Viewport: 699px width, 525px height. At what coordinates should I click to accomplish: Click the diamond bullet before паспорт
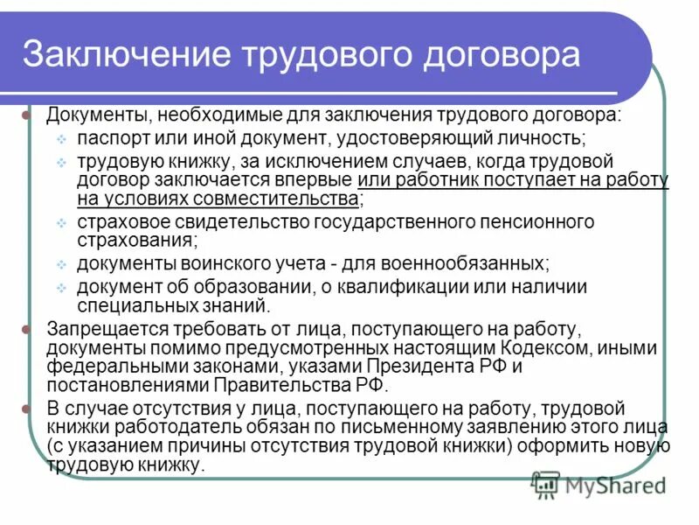(62, 139)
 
